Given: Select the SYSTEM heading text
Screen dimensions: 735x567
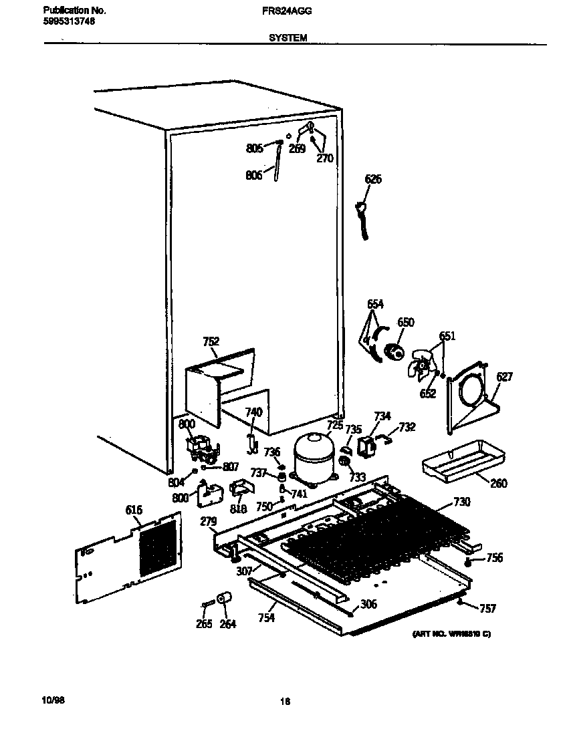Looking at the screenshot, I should (x=288, y=38).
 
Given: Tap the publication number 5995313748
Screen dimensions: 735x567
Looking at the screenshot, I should (x=68, y=21).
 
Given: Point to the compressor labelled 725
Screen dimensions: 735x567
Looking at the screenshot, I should (x=313, y=456).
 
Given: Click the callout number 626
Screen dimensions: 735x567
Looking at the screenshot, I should (x=374, y=179).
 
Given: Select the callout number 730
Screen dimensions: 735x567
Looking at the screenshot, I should (x=461, y=502).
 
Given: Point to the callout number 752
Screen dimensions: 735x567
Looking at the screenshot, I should (x=211, y=341).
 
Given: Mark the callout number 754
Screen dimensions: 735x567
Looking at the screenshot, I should (x=266, y=618).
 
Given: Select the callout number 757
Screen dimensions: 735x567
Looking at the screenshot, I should (x=488, y=608).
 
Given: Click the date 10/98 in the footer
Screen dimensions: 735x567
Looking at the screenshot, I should (x=53, y=699).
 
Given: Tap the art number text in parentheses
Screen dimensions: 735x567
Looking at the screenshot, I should (x=451, y=633).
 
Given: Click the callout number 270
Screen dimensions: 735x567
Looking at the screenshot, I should (x=324, y=159).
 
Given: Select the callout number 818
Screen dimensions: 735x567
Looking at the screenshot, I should (x=238, y=508).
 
